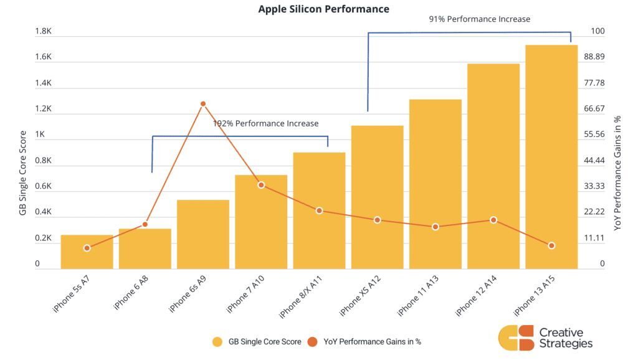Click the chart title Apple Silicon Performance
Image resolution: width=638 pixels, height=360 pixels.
[x=323, y=9]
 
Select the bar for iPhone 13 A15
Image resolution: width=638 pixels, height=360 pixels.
[x=551, y=156]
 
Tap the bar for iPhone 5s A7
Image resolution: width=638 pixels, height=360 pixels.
[x=87, y=252]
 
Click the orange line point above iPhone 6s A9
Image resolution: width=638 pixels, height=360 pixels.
[x=203, y=104]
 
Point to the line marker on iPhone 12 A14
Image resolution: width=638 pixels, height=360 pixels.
[x=493, y=220]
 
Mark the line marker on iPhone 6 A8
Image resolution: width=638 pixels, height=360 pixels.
[x=145, y=224]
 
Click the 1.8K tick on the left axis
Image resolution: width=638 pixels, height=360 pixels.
[x=43, y=31]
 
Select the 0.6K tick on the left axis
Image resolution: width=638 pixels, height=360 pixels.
[x=43, y=186]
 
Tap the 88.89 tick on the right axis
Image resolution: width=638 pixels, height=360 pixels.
[x=594, y=57]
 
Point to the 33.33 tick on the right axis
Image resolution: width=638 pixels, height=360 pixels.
[x=594, y=186]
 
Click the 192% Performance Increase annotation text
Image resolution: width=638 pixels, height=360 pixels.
[x=265, y=123]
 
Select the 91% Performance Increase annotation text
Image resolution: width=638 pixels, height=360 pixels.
[x=479, y=19]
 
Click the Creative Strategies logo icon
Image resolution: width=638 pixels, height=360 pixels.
[x=517, y=338]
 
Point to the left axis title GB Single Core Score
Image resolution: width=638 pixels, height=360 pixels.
[x=23, y=173]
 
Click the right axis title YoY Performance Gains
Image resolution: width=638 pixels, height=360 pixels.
[x=617, y=173]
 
